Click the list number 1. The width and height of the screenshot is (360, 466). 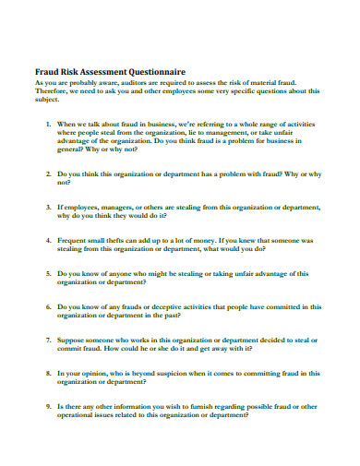(x=47, y=123)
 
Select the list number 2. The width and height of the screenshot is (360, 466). (x=47, y=173)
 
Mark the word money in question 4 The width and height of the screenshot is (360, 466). (x=206, y=239)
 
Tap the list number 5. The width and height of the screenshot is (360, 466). (x=47, y=273)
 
